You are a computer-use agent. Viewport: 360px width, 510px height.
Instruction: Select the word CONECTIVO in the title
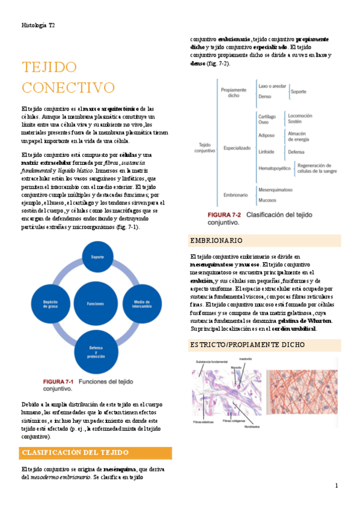[x=68, y=87]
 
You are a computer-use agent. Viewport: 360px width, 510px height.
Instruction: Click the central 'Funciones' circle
[x=96, y=304]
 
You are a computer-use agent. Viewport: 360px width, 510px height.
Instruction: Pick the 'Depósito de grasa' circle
[x=50, y=304]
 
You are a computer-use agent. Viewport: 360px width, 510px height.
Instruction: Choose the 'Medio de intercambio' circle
[x=142, y=304]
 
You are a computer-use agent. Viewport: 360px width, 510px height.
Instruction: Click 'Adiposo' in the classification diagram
[x=266, y=136]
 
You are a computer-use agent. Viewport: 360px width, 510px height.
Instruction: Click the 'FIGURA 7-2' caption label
[x=224, y=214]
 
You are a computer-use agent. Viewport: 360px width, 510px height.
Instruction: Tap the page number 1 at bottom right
[x=337, y=485]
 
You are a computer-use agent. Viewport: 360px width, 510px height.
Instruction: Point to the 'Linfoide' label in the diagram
[x=266, y=153]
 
